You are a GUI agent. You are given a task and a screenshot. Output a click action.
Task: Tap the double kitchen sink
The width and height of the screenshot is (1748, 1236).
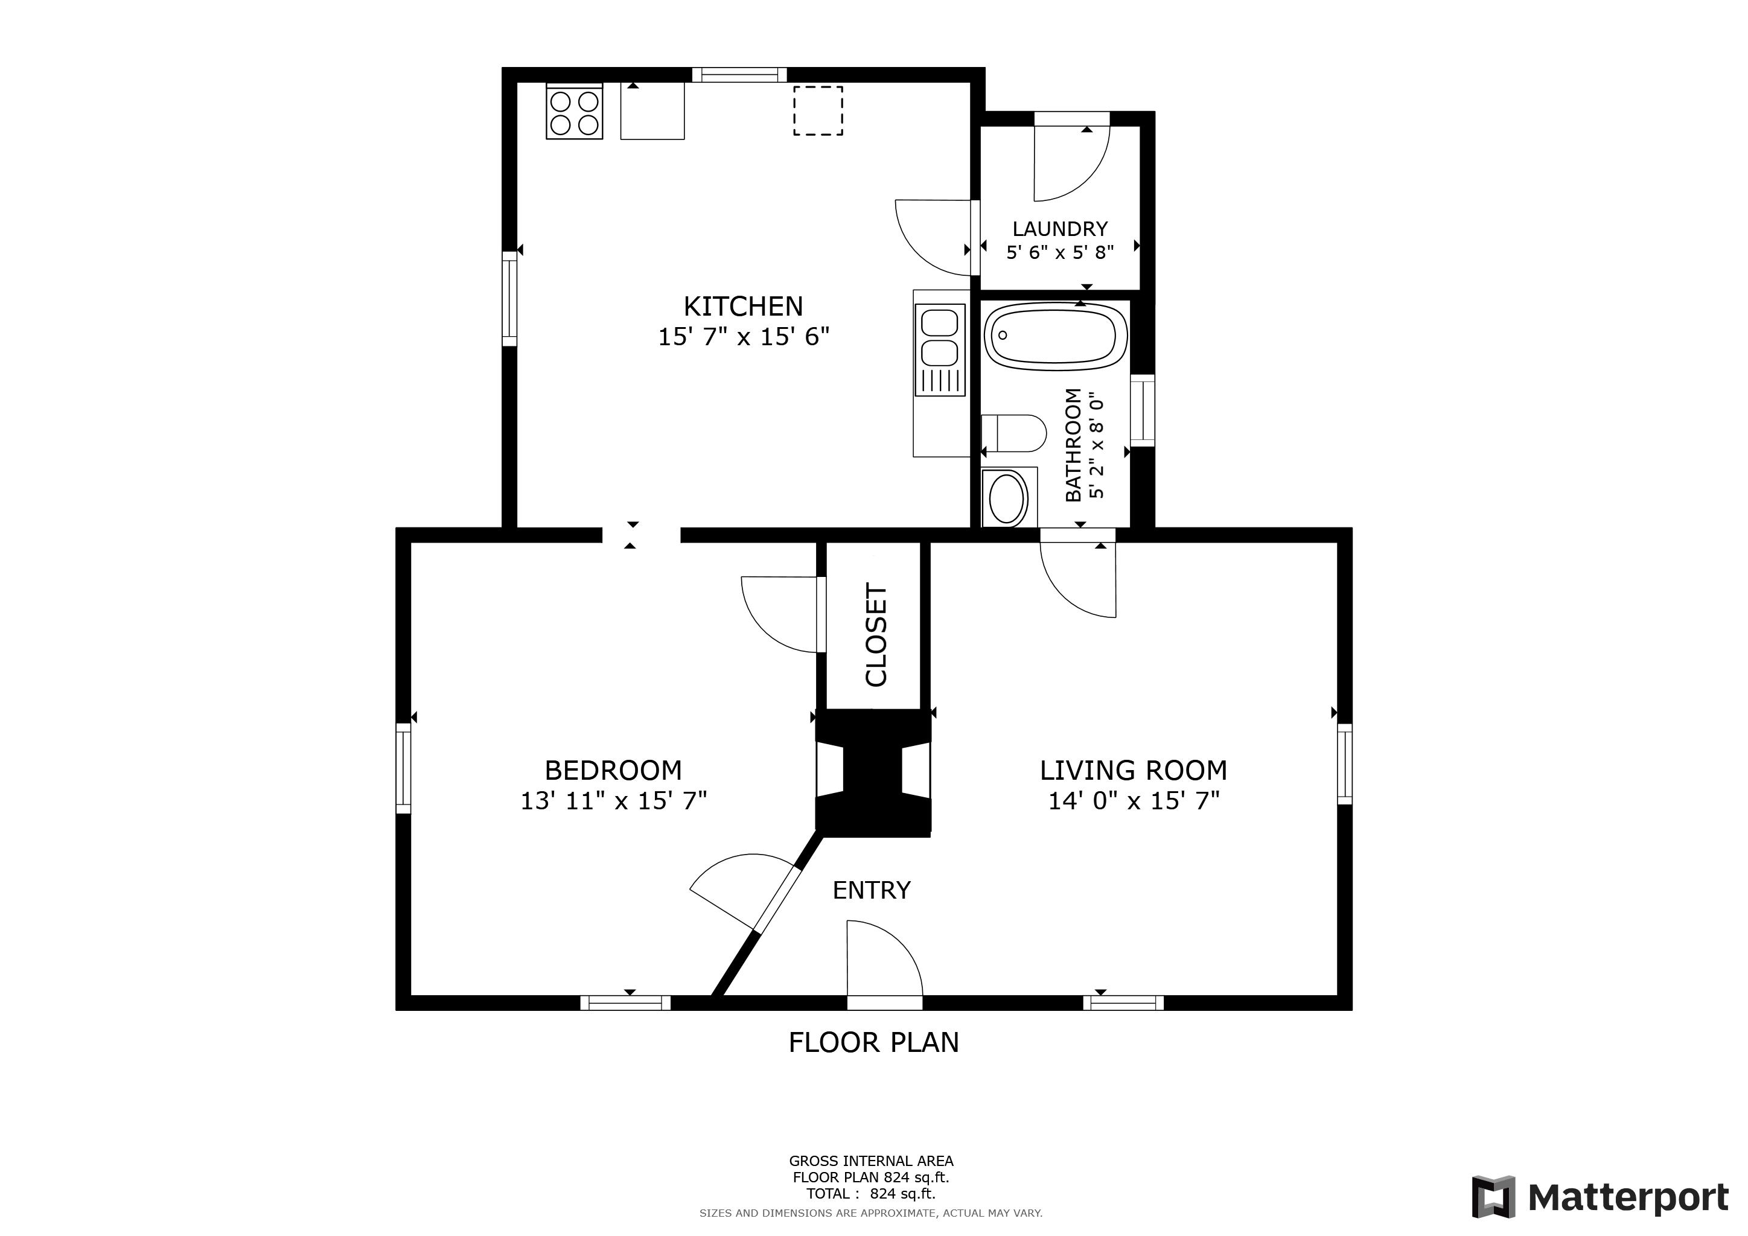(940, 350)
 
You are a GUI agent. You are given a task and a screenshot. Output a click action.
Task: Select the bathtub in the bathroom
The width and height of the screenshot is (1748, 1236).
(1055, 336)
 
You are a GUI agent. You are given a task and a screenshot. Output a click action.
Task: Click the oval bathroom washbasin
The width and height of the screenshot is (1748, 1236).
(1006, 499)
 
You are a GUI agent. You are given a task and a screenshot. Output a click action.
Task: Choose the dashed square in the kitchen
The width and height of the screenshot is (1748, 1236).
(818, 111)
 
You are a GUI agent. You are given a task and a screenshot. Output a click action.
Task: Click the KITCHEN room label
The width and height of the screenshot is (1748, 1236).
(743, 307)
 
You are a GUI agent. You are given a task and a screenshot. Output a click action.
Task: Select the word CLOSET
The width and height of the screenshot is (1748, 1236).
(876, 635)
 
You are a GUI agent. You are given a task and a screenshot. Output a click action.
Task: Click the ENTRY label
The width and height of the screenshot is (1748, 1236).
(872, 890)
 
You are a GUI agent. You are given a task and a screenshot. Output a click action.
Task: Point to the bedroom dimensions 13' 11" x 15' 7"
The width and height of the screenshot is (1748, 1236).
(614, 801)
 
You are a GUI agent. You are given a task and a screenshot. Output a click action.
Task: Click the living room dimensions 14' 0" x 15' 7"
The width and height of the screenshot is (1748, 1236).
(1134, 801)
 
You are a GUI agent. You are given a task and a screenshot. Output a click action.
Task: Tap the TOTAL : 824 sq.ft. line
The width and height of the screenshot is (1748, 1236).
(871, 1193)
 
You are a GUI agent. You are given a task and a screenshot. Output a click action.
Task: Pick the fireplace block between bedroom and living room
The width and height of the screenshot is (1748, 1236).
(873, 773)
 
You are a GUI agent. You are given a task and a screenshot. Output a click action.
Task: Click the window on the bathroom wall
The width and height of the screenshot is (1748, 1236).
(1143, 410)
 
